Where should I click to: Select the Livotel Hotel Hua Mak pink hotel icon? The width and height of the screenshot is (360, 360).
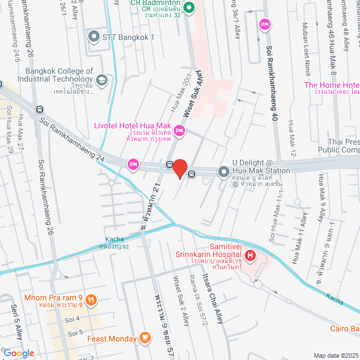(x=179, y=131)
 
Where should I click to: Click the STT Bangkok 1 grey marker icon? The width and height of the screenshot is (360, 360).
(x=94, y=37)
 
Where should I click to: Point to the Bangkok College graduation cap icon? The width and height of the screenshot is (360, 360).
(x=101, y=80)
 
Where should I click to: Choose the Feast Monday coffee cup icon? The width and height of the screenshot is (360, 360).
(x=145, y=338)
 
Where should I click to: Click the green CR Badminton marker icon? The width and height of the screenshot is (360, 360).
(x=189, y=8)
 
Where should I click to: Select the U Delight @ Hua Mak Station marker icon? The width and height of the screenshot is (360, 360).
(x=224, y=170)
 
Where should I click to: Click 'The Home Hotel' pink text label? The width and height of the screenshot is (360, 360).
(x=331, y=85)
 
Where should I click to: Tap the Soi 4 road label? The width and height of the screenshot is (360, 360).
(x=74, y=319)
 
